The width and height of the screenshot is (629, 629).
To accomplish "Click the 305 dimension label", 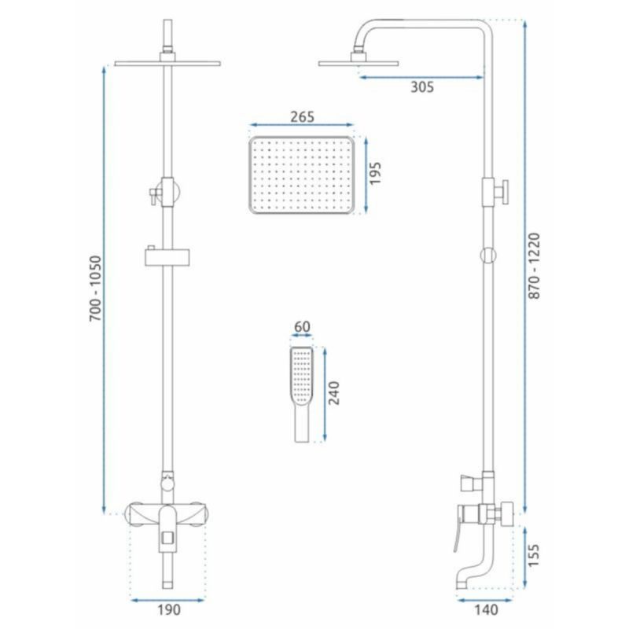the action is (x=422, y=86).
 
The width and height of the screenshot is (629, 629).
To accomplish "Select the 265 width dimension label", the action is (x=302, y=116).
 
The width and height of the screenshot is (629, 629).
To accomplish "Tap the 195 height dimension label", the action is (x=375, y=173).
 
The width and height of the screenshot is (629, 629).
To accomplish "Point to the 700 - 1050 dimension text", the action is (x=95, y=288).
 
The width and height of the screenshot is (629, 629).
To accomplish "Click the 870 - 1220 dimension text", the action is (x=534, y=266).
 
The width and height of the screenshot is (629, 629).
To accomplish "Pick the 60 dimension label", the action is (x=302, y=327).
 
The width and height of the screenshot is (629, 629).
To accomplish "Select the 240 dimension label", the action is (x=333, y=392).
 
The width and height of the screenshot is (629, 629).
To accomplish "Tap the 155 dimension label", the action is (x=534, y=555).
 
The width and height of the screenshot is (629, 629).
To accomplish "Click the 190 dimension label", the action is (x=168, y=609).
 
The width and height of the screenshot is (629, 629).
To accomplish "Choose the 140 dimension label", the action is (x=486, y=609).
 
